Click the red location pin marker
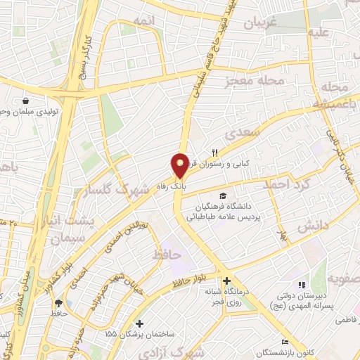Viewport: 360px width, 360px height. tap(180, 165)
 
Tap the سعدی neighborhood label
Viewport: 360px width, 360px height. tap(245, 134)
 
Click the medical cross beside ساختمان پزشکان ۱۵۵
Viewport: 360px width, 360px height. tap(140, 324)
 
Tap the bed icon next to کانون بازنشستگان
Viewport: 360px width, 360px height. tap(284, 341)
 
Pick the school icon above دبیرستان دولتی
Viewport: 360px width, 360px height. tap(302, 285)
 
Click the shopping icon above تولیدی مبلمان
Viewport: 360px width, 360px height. tap(26, 101)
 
